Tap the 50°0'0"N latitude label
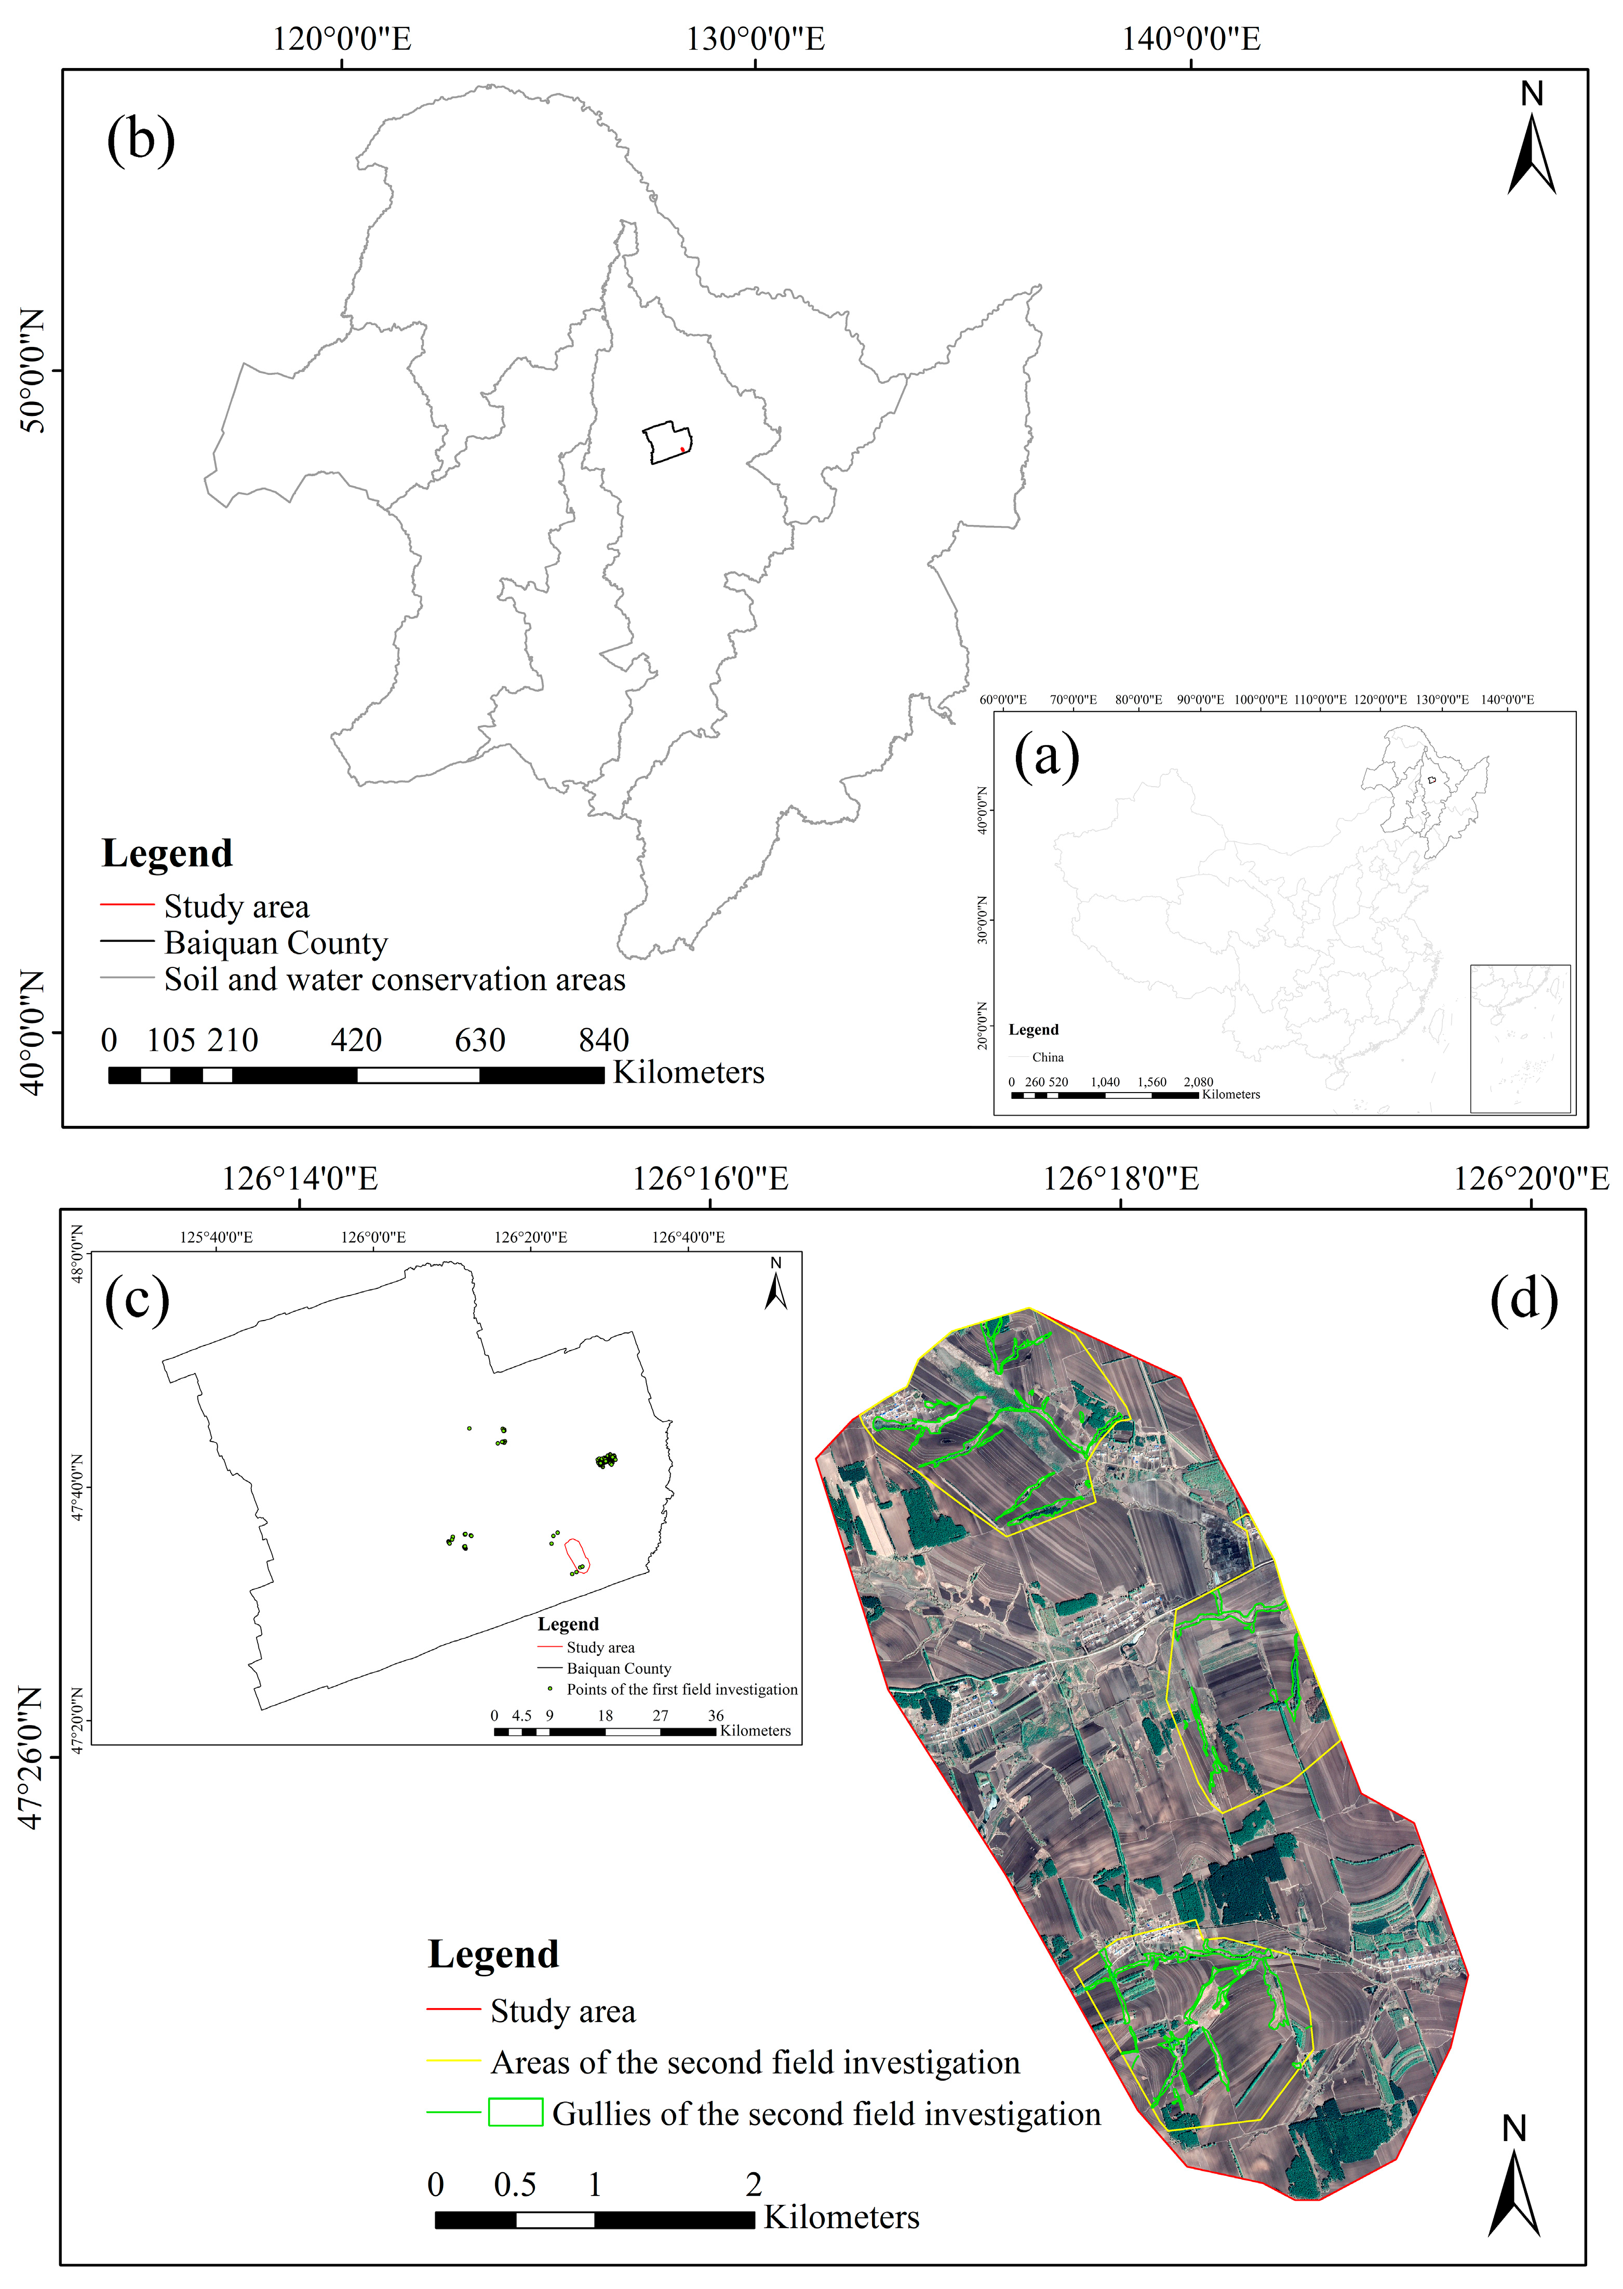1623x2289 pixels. click(33, 371)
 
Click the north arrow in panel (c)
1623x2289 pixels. click(775, 1284)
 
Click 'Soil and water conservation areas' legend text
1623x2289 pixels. click(395, 980)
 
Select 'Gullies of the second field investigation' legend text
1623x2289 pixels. click(825, 2114)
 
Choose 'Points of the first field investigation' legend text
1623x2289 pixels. click(681, 1690)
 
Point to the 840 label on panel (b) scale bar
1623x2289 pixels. click(603, 1040)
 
